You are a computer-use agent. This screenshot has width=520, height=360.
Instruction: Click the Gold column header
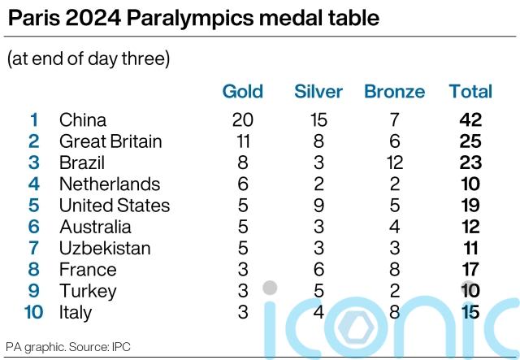pos(242,92)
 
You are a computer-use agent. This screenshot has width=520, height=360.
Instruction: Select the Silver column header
pos(318,92)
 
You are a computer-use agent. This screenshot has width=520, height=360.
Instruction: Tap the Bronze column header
pos(394,92)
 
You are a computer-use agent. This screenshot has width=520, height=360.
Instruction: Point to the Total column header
pos(470,92)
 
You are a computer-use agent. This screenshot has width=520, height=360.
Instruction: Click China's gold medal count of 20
pos(242,119)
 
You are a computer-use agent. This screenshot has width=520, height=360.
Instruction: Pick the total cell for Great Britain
pos(470,141)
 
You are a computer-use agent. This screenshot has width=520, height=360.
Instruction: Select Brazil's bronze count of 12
pos(394,163)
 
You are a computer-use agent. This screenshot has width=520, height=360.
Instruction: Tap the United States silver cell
pos(318,206)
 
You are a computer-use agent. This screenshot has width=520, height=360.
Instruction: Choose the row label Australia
pos(95,227)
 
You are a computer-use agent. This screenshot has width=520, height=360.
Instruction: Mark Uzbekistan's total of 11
pos(470,248)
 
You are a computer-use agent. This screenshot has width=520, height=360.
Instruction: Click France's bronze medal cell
pos(394,270)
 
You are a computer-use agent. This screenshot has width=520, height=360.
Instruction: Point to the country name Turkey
pos(88,291)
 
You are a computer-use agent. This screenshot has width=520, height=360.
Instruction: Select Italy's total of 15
pos(470,312)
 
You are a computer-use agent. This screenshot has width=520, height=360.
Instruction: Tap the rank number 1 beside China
pos(33,119)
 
